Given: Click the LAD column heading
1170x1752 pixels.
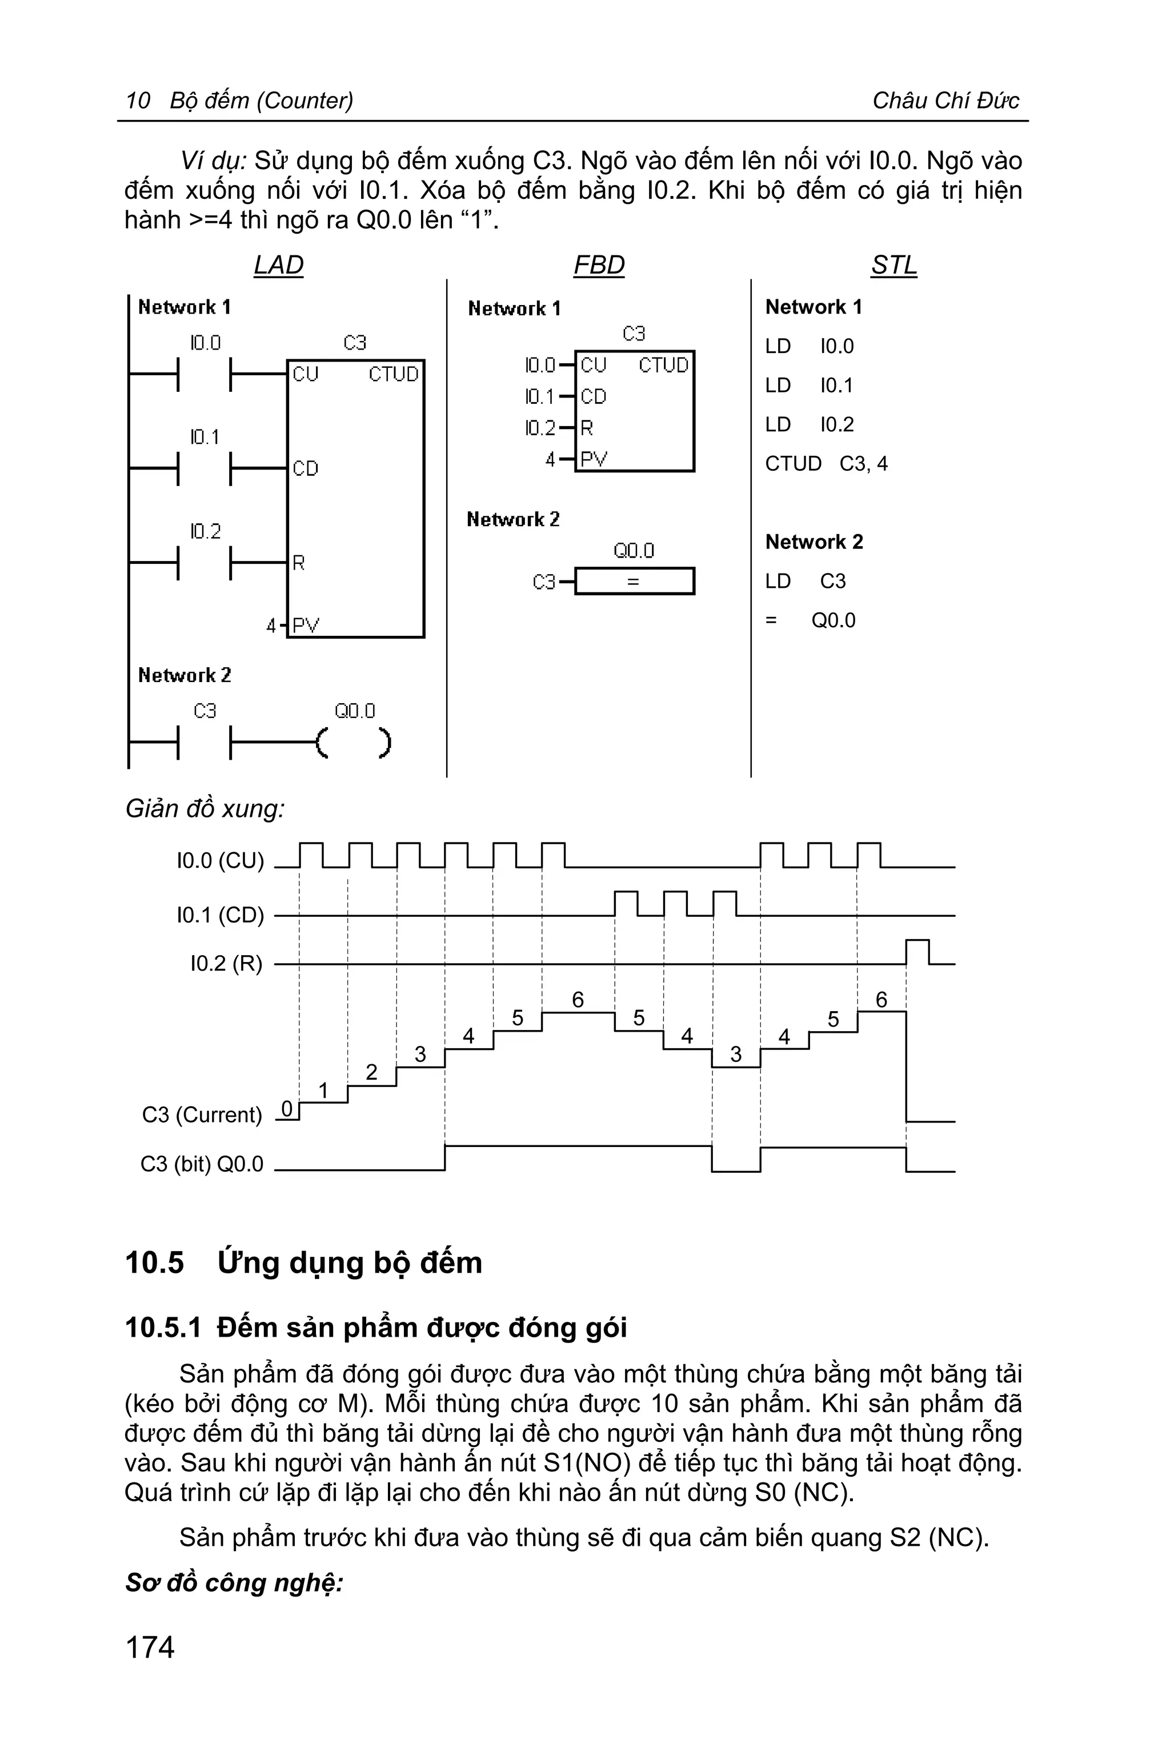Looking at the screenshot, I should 278,265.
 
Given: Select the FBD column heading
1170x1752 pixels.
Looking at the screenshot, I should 599,265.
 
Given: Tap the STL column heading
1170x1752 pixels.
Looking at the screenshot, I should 894,265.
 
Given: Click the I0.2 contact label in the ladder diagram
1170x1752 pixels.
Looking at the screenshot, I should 205,531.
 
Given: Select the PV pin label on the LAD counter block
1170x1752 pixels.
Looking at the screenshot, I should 305,626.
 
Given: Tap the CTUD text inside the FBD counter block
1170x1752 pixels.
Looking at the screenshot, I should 663,365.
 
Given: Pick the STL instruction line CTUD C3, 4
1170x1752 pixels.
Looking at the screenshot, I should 826,463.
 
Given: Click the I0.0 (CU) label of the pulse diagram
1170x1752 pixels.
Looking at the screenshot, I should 220,861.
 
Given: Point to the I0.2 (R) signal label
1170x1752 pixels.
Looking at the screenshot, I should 226,963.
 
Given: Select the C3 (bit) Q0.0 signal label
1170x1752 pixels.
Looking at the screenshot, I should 202,1164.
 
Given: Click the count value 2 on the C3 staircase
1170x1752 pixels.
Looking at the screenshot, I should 371,1072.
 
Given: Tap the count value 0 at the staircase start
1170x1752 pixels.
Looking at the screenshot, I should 287,1108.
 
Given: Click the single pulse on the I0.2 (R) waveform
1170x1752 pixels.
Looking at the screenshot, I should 917,951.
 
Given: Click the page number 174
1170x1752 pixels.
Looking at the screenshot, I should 150,1647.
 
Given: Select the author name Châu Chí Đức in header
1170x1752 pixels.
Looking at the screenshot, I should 945,100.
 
